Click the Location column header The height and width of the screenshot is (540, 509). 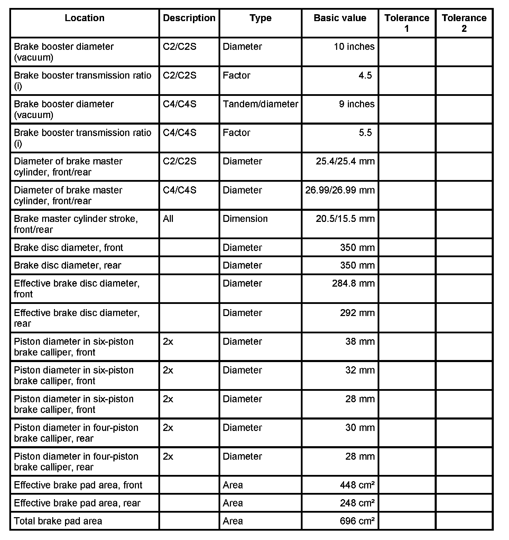[x=84, y=18]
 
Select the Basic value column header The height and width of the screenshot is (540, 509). [x=340, y=18]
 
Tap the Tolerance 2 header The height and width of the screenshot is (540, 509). [x=464, y=23]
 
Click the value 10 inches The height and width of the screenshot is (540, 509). [x=354, y=47]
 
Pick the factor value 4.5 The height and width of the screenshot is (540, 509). [x=365, y=75]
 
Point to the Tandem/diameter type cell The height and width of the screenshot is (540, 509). [x=260, y=104]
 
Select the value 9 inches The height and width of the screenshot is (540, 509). [x=357, y=104]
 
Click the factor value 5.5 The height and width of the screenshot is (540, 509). [x=365, y=133]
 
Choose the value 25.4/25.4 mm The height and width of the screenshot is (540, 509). [x=345, y=161]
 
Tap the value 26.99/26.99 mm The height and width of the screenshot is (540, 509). [x=340, y=190]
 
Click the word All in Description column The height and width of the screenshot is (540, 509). [x=168, y=219]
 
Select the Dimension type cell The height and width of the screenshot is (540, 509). [x=245, y=219]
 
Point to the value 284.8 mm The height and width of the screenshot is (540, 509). [x=353, y=283]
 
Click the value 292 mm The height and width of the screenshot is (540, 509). [x=357, y=313]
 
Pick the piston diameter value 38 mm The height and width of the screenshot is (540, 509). [x=360, y=342]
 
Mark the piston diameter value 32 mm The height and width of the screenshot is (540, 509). [x=360, y=370]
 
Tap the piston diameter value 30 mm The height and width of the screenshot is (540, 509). [x=360, y=428]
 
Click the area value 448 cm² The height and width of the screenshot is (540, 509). [x=357, y=485]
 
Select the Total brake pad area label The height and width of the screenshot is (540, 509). [x=58, y=521]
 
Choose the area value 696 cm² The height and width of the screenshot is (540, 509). [x=357, y=521]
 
